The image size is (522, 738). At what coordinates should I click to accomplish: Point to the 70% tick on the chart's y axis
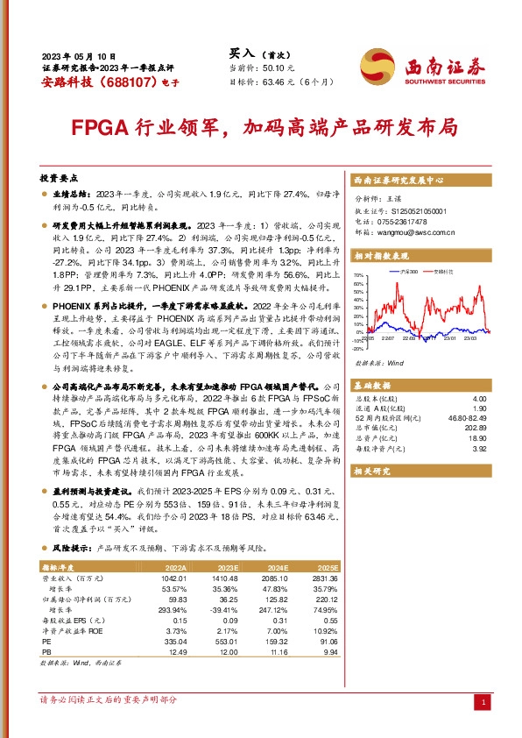tap(357, 276)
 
